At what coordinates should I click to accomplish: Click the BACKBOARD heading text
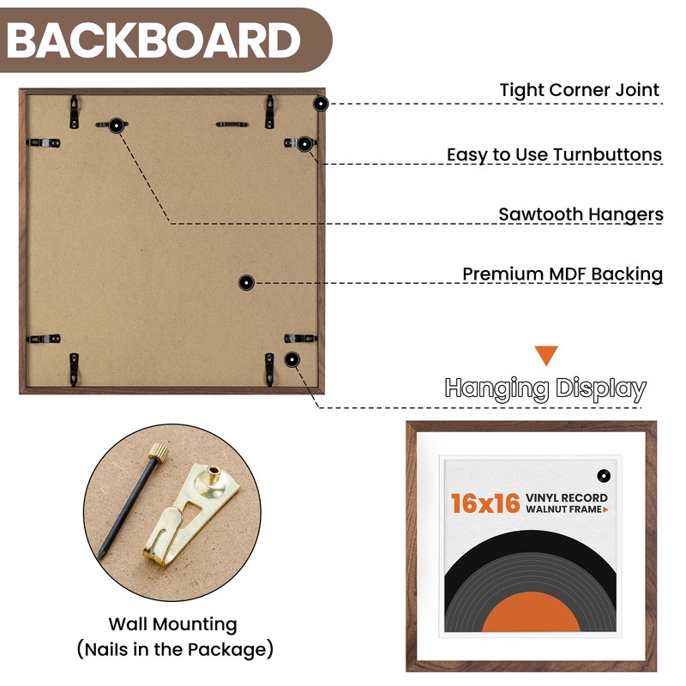pyautogui.click(x=154, y=39)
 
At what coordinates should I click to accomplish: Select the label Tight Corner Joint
pyautogui.click(x=580, y=90)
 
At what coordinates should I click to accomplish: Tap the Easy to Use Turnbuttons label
pyautogui.click(x=554, y=155)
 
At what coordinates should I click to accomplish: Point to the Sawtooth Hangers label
pyautogui.click(x=581, y=214)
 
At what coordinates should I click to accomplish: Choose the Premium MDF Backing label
pyautogui.click(x=563, y=274)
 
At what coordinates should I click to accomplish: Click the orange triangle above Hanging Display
pyautogui.click(x=546, y=356)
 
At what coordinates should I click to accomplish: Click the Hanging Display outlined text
pyautogui.click(x=545, y=388)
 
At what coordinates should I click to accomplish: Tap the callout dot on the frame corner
pyautogui.click(x=321, y=104)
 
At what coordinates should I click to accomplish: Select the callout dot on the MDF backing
pyautogui.click(x=246, y=281)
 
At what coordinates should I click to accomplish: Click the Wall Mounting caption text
pyautogui.click(x=172, y=624)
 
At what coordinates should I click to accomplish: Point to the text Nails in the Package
pyautogui.click(x=175, y=648)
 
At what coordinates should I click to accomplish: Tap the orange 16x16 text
pyautogui.click(x=485, y=503)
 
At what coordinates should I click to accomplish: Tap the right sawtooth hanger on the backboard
pyautogui.click(x=232, y=124)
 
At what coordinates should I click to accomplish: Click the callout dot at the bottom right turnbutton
pyautogui.click(x=292, y=359)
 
